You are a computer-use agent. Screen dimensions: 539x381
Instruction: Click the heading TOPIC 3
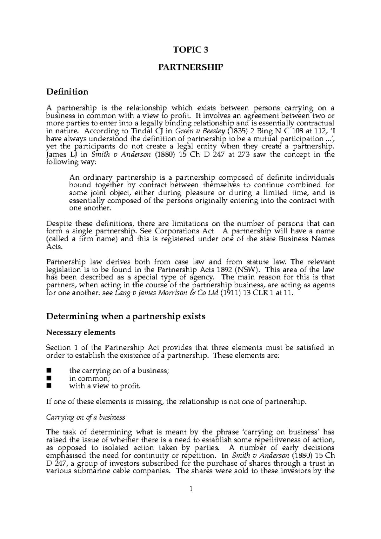click(x=190, y=50)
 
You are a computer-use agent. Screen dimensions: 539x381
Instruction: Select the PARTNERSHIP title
click(x=190, y=68)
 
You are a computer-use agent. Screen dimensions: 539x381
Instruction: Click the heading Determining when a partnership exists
click(x=126, y=316)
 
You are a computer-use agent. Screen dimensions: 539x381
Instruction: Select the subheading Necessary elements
click(x=81, y=333)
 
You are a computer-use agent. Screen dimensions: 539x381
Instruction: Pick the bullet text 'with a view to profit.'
click(x=104, y=386)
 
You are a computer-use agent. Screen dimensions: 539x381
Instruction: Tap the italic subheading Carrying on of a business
click(x=86, y=417)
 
